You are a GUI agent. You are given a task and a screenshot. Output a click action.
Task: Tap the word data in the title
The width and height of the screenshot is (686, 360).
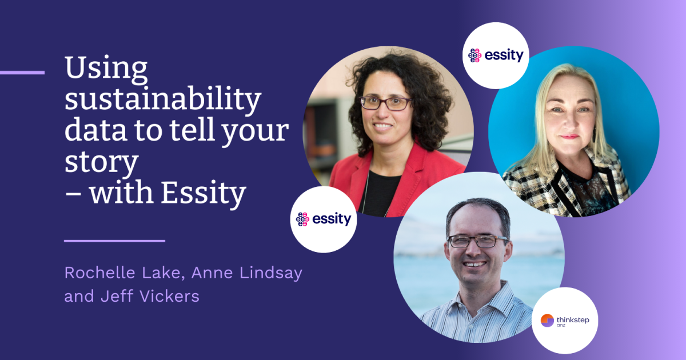[x=91, y=131]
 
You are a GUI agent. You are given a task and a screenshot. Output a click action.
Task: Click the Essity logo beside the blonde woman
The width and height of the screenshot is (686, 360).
[x=496, y=55]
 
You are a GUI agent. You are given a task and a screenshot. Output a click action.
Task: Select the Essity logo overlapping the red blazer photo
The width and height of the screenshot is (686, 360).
[x=324, y=219]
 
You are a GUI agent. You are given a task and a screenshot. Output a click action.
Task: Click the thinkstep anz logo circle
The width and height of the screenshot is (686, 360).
[x=565, y=321]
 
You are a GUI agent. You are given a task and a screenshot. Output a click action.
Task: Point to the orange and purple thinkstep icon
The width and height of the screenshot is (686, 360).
[x=547, y=321]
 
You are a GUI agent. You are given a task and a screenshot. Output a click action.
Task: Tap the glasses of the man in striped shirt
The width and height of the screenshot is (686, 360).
[x=476, y=241]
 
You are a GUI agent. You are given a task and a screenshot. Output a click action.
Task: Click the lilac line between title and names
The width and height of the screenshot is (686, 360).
[x=114, y=241]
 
